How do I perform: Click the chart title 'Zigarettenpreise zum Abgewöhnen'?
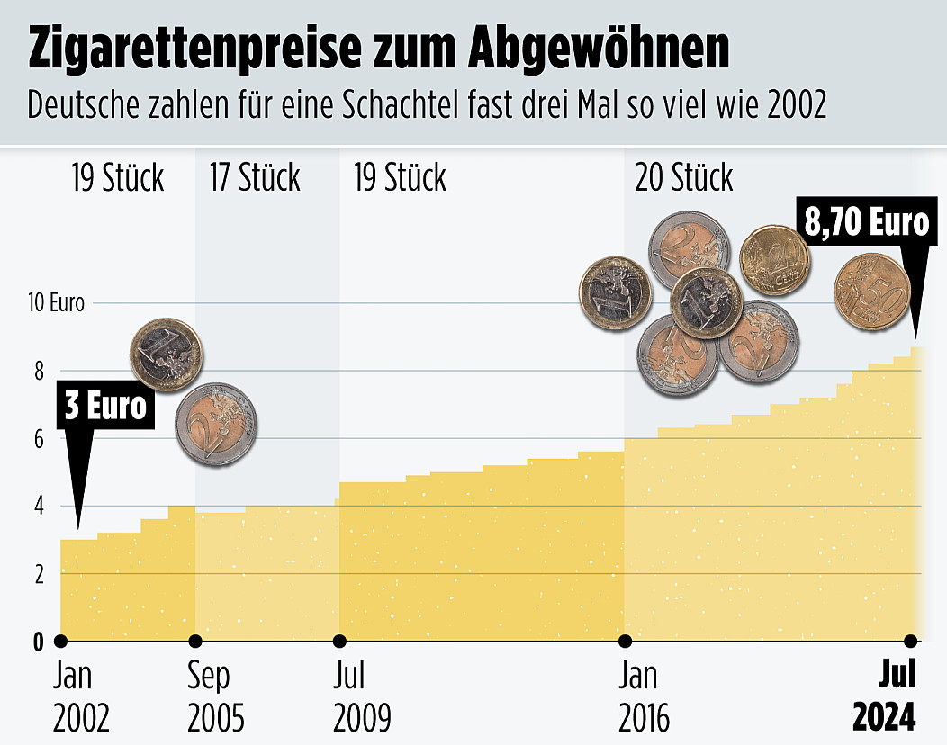point(378,50)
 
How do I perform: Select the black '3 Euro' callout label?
point(104,406)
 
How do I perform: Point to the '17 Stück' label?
point(254,177)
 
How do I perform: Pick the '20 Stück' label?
point(684,177)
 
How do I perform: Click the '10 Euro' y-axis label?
point(56,303)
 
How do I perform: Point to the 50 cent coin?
point(871,292)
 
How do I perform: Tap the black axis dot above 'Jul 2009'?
point(339,642)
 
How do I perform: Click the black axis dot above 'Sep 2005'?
point(195,642)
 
